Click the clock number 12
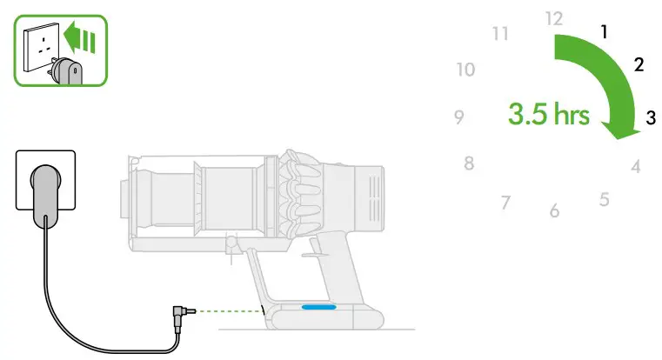click(554, 18)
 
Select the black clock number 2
click(639, 65)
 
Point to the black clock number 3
click(650, 118)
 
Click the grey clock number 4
click(636, 166)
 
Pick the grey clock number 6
click(554, 211)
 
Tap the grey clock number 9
click(458, 117)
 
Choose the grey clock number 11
click(499, 34)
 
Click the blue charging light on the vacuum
click(320, 306)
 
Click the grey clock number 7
click(505, 203)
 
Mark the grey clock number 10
click(465, 70)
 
